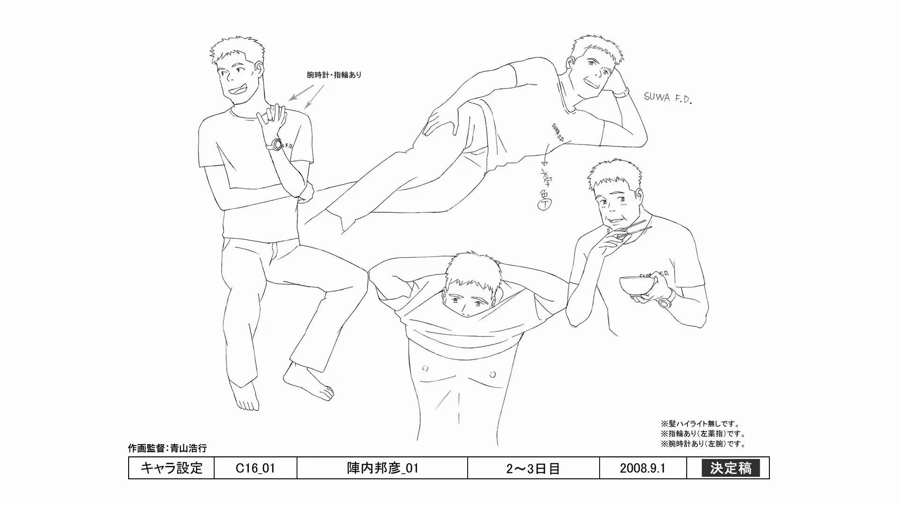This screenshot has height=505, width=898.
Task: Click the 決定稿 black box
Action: (731, 468)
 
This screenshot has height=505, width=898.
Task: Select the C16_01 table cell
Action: (255, 468)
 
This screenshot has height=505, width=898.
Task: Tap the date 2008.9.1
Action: (643, 468)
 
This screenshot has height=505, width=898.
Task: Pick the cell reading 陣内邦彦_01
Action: (382, 468)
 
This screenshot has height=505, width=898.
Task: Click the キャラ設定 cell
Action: (171, 468)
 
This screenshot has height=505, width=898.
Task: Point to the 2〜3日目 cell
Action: (533, 468)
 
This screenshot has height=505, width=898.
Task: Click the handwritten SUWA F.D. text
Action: (667, 98)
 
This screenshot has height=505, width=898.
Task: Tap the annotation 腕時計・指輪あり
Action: (334, 75)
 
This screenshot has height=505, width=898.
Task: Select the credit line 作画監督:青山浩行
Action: (167, 448)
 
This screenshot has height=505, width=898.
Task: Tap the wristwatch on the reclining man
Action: (621, 93)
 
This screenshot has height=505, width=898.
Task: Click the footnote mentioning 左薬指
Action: (703, 434)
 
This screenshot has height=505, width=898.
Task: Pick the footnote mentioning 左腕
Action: (703, 444)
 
